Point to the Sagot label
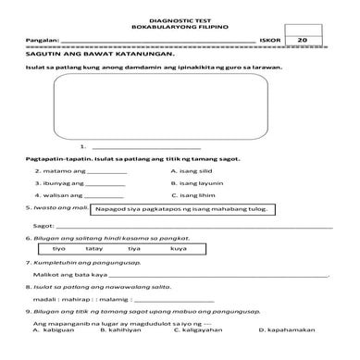pyautogui.click(x=40, y=225)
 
